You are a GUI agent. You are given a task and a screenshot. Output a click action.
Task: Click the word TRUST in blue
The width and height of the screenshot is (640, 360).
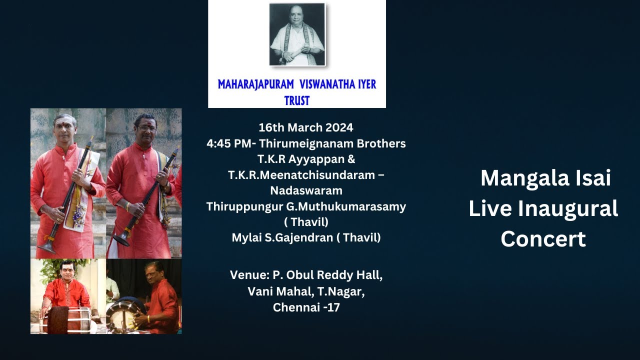(x=296, y=100)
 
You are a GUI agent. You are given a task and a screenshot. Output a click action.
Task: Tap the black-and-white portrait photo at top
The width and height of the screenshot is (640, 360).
(x=297, y=34)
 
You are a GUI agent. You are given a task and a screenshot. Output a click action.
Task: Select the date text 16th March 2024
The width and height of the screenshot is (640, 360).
(x=305, y=127)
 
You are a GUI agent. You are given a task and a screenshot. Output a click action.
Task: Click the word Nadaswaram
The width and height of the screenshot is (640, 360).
(x=306, y=190)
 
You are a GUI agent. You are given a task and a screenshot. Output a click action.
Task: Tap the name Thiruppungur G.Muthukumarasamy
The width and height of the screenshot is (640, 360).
(x=306, y=206)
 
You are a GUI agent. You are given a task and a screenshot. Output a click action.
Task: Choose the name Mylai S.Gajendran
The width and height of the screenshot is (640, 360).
(x=282, y=237)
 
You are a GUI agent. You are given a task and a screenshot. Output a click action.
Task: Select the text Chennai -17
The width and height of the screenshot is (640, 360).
(x=306, y=307)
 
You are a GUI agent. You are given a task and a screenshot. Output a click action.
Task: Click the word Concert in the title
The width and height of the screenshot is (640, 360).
(x=543, y=239)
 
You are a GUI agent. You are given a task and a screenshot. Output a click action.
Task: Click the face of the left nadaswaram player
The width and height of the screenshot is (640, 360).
(x=65, y=129)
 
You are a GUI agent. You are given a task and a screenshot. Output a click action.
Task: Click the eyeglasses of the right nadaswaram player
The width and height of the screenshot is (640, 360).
(x=146, y=128)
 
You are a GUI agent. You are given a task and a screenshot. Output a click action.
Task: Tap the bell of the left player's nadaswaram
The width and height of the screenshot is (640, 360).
(x=47, y=247)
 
